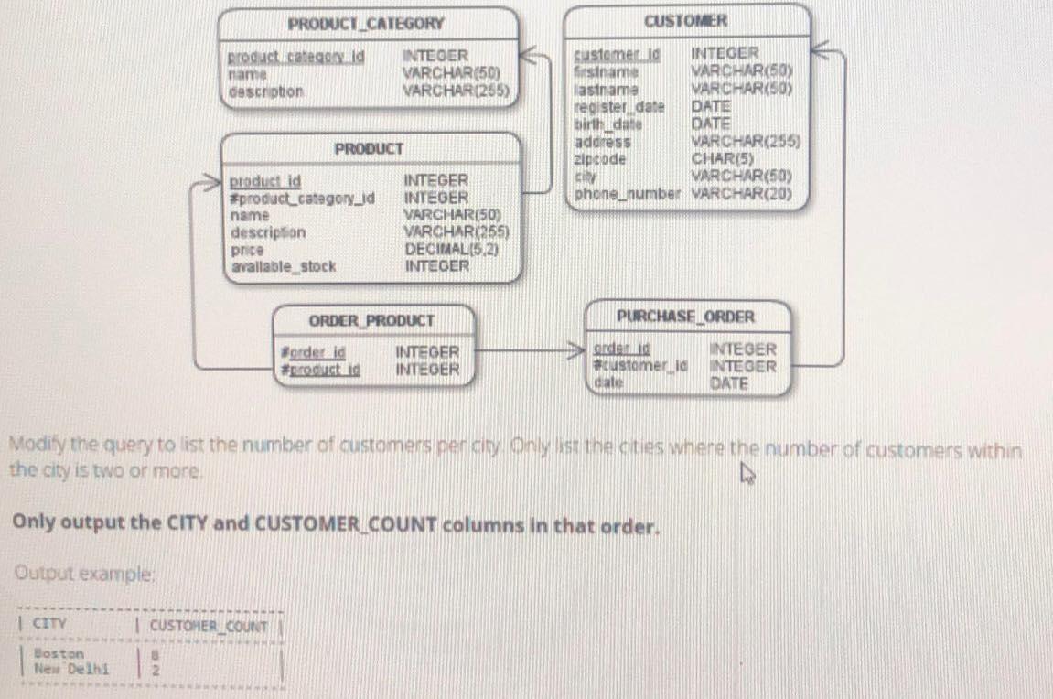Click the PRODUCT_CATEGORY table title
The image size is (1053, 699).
tap(366, 24)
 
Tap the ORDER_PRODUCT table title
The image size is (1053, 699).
tap(371, 321)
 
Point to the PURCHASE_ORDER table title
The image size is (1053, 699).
tap(686, 317)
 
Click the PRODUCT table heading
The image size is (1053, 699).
tap(368, 148)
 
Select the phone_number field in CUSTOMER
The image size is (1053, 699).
tap(628, 194)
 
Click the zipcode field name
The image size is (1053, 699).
tap(600, 159)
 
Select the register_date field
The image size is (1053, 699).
tap(618, 107)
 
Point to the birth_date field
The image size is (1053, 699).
tap(607, 124)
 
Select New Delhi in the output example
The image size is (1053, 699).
tap(70, 668)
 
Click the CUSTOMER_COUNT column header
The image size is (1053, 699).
tap(209, 627)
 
